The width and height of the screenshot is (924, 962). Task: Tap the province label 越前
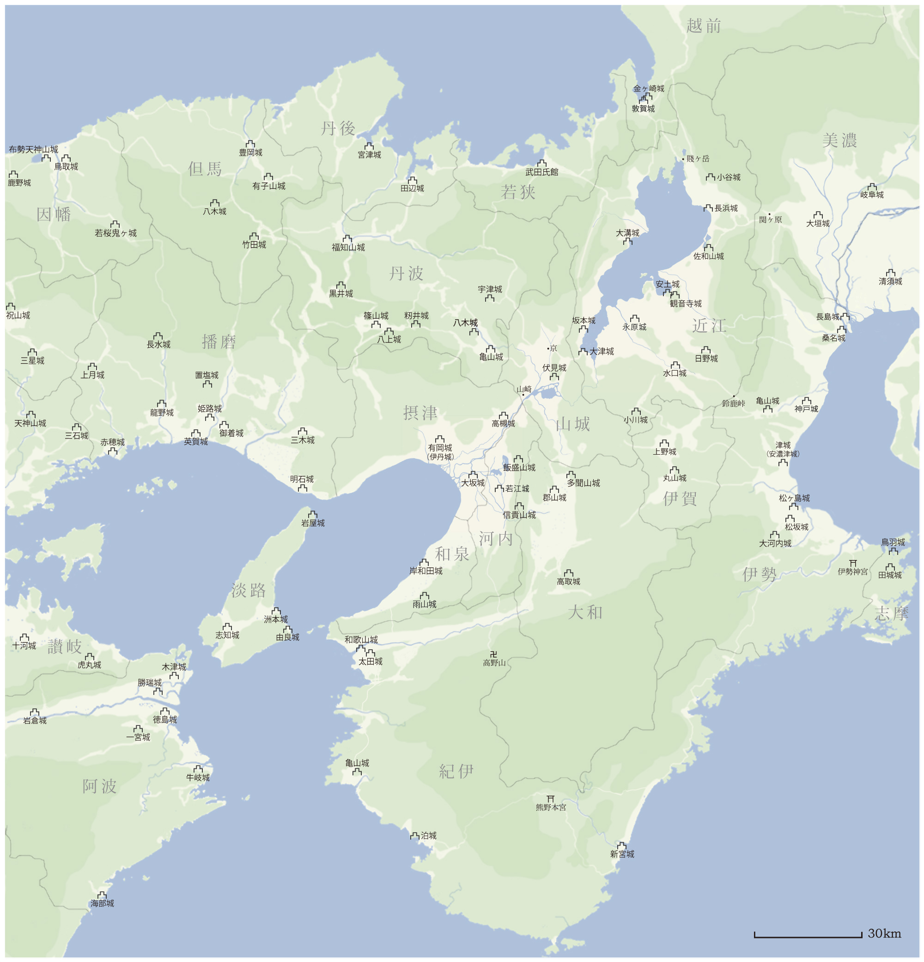704,25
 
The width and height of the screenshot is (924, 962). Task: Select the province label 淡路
248,591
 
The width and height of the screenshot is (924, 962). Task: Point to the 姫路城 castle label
210,409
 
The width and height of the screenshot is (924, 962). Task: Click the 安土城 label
668,284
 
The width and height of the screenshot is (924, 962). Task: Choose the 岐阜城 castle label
871,195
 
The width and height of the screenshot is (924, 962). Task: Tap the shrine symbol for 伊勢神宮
853,563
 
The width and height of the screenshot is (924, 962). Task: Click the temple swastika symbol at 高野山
494,654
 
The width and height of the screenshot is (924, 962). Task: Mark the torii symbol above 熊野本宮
551,799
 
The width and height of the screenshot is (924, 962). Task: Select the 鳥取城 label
66,166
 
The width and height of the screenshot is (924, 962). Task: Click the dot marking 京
548,348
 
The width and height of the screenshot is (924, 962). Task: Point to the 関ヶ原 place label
771,219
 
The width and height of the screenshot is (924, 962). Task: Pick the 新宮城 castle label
622,854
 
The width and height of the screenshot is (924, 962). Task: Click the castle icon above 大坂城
473,475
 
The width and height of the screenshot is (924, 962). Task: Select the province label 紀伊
456,772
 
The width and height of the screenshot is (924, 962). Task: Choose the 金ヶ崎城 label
648,89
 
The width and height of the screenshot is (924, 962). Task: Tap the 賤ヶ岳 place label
698,158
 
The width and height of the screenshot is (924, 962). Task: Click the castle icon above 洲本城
276,611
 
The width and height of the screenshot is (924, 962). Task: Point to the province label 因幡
54,214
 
